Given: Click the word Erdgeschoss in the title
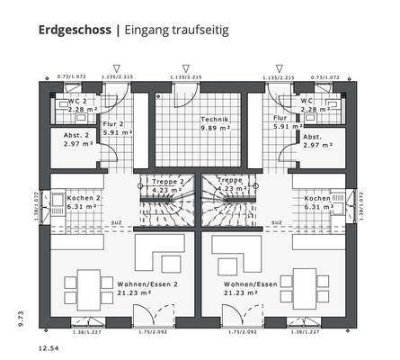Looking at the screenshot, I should click(x=75, y=30).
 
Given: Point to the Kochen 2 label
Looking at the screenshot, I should click(x=84, y=197).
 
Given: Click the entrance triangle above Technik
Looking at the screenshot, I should click(x=186, y=67).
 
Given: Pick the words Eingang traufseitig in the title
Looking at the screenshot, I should click(x=177, y=30).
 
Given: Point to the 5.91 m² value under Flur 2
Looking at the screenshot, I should click(x=118, y=132).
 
